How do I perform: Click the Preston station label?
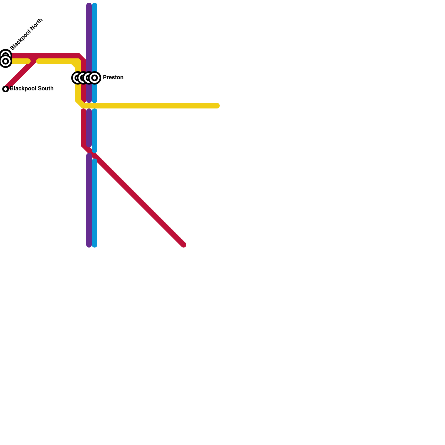(x=113, y=78)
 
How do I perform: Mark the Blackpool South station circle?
(x=6, y=89)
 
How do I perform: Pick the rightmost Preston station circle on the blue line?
(x=95, y=78)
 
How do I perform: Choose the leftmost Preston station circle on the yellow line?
(x=77, y=78)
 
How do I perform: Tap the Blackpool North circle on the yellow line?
(x=6, y=61)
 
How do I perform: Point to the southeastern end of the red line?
(x=184, y=245)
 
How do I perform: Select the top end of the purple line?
(x=89, y=5)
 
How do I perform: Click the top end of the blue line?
(x=95, y=5)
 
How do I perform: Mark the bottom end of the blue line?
(x=95, y=245)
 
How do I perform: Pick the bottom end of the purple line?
(x=89, y=245)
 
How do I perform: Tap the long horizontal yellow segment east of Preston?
(x=153, y=106)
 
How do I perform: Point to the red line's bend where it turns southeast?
(x=83, y=145)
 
